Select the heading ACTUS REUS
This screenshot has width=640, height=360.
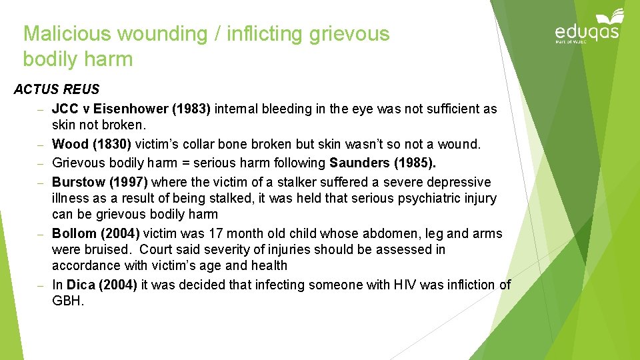click(x=57, y=89)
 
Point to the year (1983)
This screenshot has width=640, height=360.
click(x=192, y=109)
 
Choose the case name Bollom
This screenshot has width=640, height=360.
click(x=74, y=233)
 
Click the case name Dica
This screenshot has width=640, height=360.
click(x=81, y=285)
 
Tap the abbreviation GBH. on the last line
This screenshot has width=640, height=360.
click(x=68, y=301)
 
